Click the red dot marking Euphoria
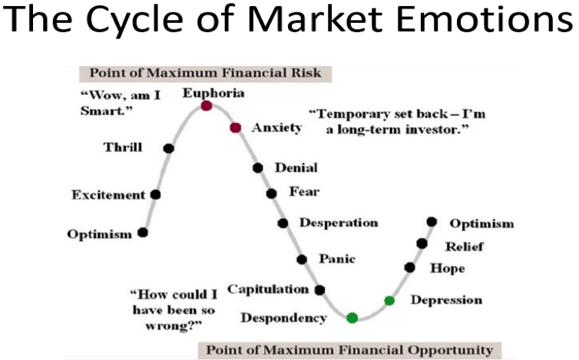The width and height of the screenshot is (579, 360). click(207, 106)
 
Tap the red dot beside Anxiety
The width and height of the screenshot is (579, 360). click(236, 127)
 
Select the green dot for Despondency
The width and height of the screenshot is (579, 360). click(352, 318)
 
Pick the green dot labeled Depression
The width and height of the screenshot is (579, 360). click(389, 301)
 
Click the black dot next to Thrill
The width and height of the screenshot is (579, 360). click(168, 148)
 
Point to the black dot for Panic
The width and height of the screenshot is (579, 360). click(302, 259)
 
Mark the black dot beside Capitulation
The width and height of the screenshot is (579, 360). click(319, 290)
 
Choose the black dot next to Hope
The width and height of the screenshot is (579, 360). click(409, 267)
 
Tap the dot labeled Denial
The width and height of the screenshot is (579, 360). click(258, 168)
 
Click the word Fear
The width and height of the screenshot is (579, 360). click(304, 191)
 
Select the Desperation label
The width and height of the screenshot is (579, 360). click(339, 223)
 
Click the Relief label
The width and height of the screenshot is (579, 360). click(464, 246)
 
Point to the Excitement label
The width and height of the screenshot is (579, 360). click(108, 195)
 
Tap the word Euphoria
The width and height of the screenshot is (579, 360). click(213, 93)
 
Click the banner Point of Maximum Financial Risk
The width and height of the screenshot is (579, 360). click(205, 73)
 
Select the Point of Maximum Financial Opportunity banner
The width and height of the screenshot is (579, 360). click(349, 350)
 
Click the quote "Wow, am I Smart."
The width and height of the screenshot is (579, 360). click(121, 103)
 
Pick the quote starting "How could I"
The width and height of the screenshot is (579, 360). click(174, 310)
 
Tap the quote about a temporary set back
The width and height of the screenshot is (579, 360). click(397, 121)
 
